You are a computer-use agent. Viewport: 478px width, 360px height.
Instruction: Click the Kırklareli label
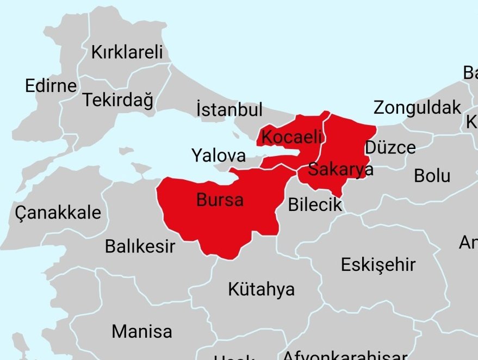click(x=127, y=53)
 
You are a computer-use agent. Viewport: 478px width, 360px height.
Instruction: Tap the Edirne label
click(x=51, y=86)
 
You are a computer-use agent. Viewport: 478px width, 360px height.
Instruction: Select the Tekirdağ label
click(x=117, y=101)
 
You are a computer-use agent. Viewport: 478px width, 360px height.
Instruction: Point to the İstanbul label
click(x=229, y=110)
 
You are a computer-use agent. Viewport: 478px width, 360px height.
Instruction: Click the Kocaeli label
click(x=291, y=137)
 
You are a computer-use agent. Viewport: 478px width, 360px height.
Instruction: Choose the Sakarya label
click(x=341, y=170)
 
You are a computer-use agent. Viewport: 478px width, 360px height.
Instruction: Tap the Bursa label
click(x=220, y=200)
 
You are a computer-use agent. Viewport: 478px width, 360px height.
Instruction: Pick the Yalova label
click(x=219, y=156)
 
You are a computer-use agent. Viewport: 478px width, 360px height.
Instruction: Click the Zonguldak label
click(x=417, y=108)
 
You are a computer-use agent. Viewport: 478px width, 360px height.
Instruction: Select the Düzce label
click(x=390, y=147)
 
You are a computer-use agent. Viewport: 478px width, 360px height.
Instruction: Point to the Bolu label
click(x=432, y=176)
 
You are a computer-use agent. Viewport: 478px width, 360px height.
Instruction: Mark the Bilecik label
click(x=315, y=204)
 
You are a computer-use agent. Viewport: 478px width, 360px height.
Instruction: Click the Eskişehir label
click(x=378, y=265)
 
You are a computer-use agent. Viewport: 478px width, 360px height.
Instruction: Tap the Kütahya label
click(x=262, y=289)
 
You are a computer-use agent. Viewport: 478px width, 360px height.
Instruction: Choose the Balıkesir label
click(x=140, y=246)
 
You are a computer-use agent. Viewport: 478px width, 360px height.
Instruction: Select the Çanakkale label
click(x=59, y=212)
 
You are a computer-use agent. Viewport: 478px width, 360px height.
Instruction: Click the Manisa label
click(x=142, y=331)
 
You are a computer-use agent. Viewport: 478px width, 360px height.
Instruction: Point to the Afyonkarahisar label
click(x=345, y=355)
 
